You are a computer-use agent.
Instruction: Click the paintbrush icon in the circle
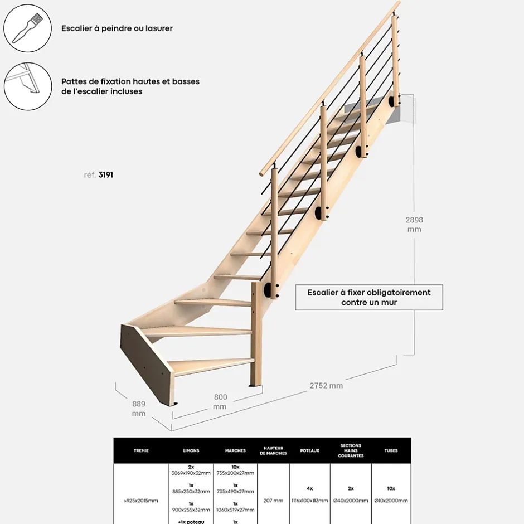(x=27, y=28)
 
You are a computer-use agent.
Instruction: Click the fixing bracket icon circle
(x=27, y=86)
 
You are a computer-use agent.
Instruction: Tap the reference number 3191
(x=105, y=174)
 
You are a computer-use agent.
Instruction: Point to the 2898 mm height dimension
(x=414, y=224)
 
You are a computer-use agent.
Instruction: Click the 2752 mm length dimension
(x=327, y=385)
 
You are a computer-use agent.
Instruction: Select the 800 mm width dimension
(x=221, y=401)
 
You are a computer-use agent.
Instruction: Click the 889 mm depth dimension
(x=139, y=409)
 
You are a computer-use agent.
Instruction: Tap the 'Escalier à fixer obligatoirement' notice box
(x=369, y=297)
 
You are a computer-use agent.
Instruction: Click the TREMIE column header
(x=141, y=450)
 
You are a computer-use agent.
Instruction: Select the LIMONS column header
(x=191, y=450)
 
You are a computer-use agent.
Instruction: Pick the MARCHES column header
(x=235, y=450)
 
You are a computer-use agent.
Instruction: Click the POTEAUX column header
(x=310, y=450)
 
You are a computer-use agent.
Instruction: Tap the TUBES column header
(x=391, y=450)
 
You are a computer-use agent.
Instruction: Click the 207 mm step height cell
(x=273, y=501)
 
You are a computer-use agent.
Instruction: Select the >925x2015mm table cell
(x=141, y=501)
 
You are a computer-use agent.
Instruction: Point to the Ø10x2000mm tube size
(x=391, y=501)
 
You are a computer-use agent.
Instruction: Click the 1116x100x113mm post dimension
(x=310, y=501)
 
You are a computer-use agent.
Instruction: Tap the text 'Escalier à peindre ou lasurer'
(x=117, y=28)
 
